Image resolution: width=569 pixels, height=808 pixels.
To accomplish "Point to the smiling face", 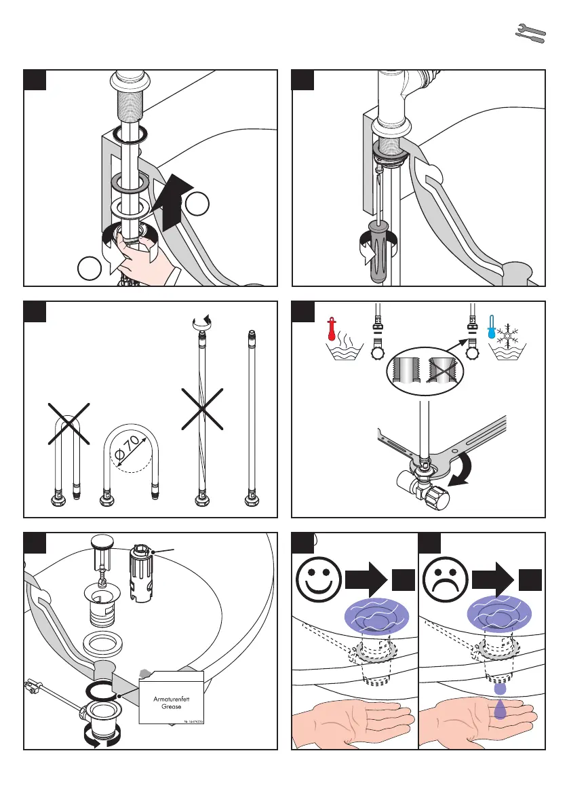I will click(317, 579).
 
